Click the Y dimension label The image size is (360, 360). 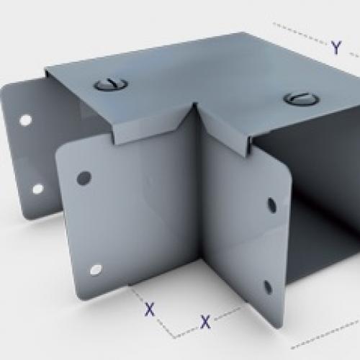336,48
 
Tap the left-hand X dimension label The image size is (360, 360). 150,310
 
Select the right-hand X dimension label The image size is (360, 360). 205,321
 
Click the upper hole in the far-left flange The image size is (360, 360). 25,120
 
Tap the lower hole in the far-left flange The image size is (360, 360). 37,189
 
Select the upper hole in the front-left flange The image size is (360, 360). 84,176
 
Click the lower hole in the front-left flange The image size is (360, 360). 94,270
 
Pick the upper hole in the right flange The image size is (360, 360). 271,204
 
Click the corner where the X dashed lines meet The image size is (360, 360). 172,336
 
